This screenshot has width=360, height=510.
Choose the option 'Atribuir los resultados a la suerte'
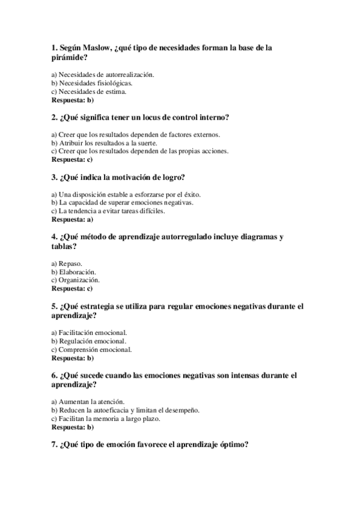point(104,143)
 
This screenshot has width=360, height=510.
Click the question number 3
point(55,177)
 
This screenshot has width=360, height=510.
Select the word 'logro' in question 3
point(169,177)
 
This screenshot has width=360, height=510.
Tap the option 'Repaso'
point(67,263)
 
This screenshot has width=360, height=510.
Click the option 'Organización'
point(75,280)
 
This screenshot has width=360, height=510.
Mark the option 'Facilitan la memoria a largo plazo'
point(106,418)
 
